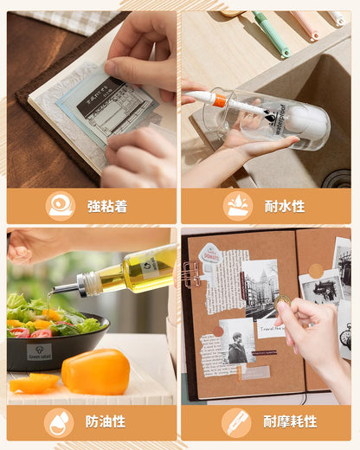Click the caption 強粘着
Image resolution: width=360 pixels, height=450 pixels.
tap(107, 206)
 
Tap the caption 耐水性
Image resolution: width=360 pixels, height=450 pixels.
tap(285, 206)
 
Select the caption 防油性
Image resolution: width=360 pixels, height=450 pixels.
tap(106, 421)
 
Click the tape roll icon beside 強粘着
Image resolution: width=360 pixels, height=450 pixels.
tap(61, 206)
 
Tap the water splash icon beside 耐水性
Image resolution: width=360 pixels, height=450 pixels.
tap(237, 206)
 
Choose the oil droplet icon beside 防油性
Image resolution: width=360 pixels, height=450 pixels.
tap(59, 421)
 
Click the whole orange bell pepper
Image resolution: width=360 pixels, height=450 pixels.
tap(95, 370)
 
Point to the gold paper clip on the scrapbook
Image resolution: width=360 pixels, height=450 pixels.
tap(190, 273)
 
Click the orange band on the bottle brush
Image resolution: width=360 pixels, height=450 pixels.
tap(220, 101)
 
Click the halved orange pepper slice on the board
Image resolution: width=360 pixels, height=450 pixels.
tap(33, 383)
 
